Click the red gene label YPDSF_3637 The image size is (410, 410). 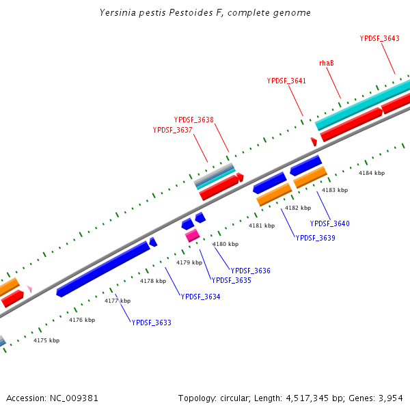coord(172,130)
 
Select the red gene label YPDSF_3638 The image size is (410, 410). coord(193,120)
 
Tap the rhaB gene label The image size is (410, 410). coord(327,63)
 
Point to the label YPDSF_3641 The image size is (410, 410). coord(286,81)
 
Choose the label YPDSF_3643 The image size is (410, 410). coord(379,38)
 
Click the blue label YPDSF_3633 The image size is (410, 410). coord(151,323)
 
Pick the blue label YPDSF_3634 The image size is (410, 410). coord(200,296)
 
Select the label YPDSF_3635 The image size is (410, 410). coord(231,280)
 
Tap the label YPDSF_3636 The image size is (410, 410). coord(250,271)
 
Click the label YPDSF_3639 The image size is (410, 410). coord(315,238)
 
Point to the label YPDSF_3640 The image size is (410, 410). coord(329,223)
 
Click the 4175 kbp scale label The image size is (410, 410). coord(46,340)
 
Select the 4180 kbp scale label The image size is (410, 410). coord(225,244)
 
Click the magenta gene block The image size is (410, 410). coord(192,235)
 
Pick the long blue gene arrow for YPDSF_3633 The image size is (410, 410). coord(103,268)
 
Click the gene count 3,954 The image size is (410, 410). coord(389,398)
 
